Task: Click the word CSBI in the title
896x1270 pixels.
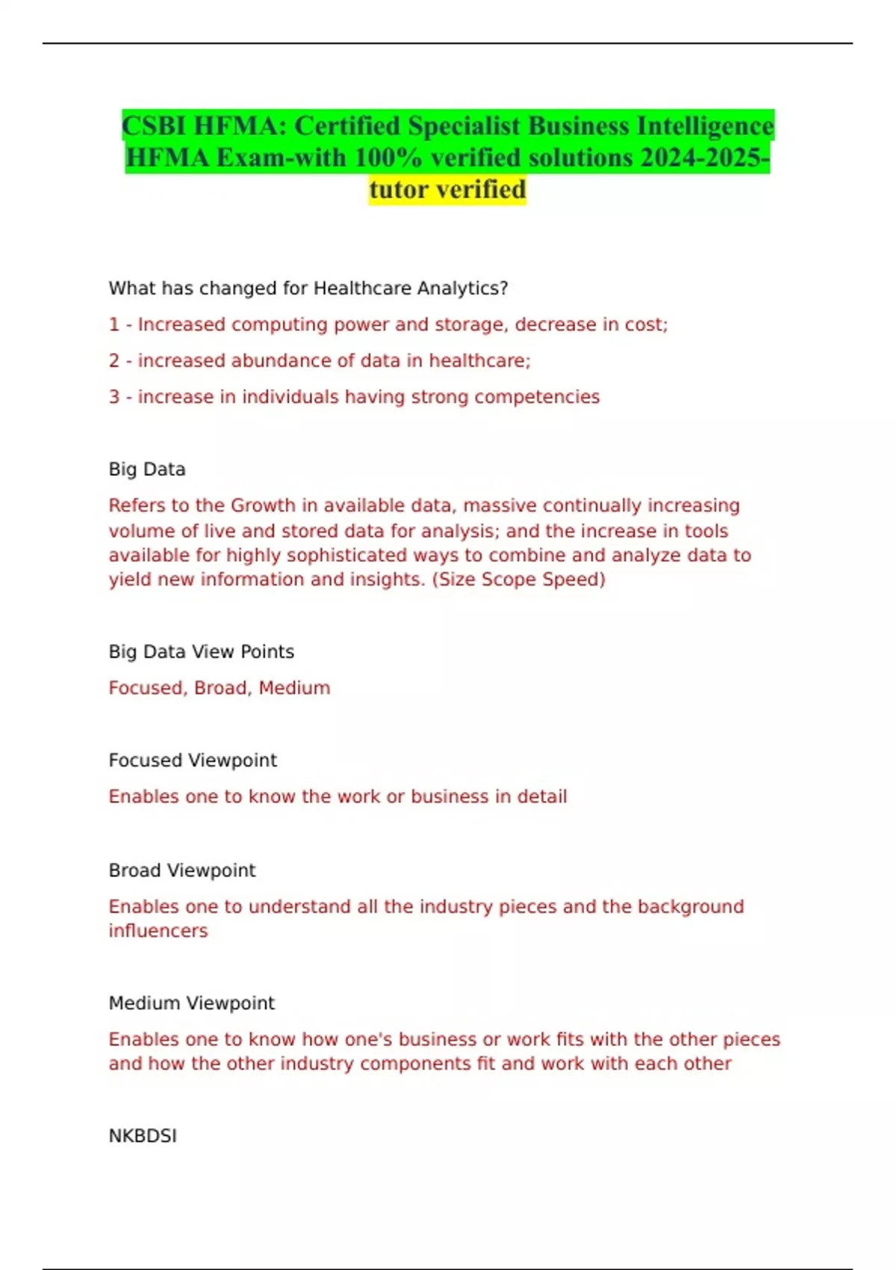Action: [154, 126]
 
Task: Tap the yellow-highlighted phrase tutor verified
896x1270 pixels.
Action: [447, 190]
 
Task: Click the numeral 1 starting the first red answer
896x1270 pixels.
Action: [113, 325]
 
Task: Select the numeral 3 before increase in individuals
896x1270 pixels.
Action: [113, 397]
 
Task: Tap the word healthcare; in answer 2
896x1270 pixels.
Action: [479, 361]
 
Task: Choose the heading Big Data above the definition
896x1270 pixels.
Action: [147, 469]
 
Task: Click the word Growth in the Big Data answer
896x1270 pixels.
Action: [263, 506]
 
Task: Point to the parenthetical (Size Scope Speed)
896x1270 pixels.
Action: [518, 580]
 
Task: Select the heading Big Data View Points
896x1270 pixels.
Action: [202, 651]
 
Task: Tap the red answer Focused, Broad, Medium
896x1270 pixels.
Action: [220, 688]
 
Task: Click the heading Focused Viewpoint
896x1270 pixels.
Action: [193, 761]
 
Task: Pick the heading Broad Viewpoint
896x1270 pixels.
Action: [182, 870]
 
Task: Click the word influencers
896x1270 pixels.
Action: [158, 931]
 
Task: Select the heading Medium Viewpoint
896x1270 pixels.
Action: [192, 1003]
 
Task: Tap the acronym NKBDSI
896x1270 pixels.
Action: [143, 1136]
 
